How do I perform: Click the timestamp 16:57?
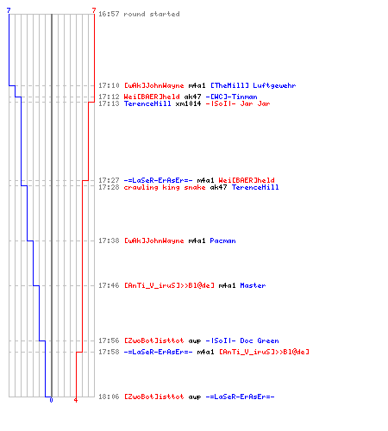(109, 14)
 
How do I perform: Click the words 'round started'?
(152, 14)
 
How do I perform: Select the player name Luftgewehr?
(274, 85)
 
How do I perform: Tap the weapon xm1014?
(188, 103)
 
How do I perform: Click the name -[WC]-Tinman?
(231, 97)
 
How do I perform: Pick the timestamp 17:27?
(109, 180)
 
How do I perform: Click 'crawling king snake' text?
(165, 187)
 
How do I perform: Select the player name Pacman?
(222, 240)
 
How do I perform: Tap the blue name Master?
(253, 285)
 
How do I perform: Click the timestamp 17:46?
(109, 285)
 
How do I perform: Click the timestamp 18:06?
(109, 397)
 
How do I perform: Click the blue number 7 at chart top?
(9, 10)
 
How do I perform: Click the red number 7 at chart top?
(94, 10)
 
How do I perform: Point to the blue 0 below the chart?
(51, 400)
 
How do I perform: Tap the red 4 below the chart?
(76, 400)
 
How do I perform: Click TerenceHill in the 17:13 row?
(147, 103)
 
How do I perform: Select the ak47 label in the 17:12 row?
(192, 97)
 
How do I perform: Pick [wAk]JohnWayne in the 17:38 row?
(153, 240)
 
